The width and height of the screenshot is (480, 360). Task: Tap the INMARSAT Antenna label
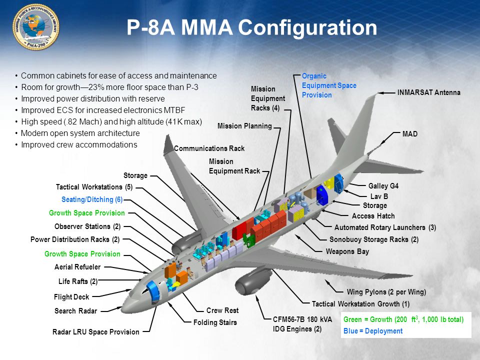(x=428, y=92)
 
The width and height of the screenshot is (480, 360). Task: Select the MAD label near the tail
(x=409, y=134)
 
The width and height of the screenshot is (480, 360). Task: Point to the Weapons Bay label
(x=347, y=251)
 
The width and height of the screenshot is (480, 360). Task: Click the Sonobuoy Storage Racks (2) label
(x=373, y=239)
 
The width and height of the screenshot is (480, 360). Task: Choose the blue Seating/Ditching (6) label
(x=92, y=199)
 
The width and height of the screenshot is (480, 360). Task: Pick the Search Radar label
(x=75, y=311)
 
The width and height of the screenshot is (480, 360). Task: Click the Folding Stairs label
(x=215, y=322)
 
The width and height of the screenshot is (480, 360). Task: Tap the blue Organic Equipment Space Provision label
(x=328, y=85)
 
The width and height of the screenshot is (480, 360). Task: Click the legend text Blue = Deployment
(x=372, y=331)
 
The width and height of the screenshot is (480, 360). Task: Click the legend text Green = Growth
(x=403, y=319)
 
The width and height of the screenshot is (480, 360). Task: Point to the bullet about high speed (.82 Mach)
(x=111, y=121)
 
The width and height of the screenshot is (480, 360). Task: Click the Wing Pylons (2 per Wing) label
(x=386, y=292)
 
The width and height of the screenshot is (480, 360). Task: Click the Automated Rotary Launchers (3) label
(x=385, y=227)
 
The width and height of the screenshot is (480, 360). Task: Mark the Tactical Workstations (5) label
(x=94, y=187)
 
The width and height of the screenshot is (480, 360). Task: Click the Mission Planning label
(x=244, y=126)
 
